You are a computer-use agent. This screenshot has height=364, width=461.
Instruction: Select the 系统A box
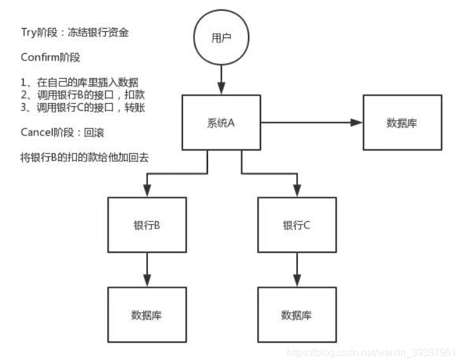coord(221,123)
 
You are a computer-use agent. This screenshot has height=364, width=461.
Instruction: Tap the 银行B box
coord(147,225)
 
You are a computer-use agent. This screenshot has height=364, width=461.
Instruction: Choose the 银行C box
coord(297,225)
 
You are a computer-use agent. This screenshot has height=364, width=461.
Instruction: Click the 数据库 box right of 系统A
coord(402,123)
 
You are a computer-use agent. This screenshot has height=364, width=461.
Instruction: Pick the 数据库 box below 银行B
coord(147,314)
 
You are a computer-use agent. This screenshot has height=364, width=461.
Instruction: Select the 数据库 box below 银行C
coord(297,314)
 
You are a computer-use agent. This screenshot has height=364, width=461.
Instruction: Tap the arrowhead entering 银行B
coord(147,190)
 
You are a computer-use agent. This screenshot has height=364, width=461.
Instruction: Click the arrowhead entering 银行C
coord(297,190)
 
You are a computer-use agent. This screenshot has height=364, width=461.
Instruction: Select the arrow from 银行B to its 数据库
coord(147,269)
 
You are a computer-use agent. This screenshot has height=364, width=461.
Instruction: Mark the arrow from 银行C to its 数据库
coord(297,269)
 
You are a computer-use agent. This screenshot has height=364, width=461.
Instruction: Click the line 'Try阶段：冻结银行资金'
coord(75,32)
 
